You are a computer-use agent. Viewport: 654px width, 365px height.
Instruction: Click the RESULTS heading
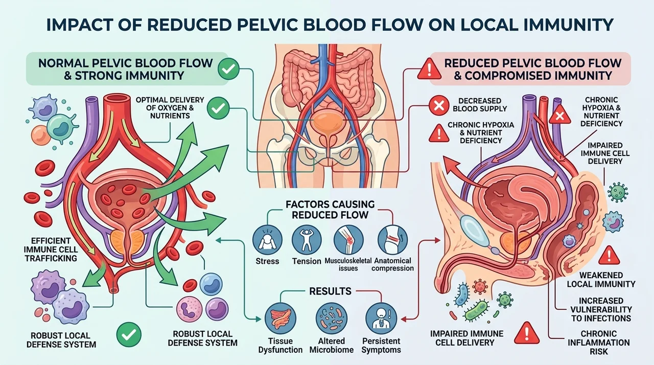[x=330, y=291]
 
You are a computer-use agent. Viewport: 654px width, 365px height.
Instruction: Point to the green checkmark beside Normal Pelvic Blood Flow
[x=228, y=69]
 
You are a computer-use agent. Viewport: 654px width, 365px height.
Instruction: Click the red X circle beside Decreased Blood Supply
[x=439, y=105]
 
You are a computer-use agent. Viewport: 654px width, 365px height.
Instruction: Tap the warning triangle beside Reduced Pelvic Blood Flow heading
[x=429, y=70]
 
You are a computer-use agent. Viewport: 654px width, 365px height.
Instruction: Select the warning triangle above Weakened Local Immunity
[x=609, y=256]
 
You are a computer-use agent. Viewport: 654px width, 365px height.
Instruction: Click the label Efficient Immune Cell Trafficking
[x=51, y=249]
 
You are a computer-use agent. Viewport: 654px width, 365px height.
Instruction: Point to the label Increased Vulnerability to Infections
[x=601, y=309]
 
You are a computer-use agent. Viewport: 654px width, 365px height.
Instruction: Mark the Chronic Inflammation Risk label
[x=598, y=343]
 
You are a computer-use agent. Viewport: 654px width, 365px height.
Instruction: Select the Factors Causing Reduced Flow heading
[x=330, y=210]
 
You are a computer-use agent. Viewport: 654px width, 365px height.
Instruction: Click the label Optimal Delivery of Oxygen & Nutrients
[x=170, y=108]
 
